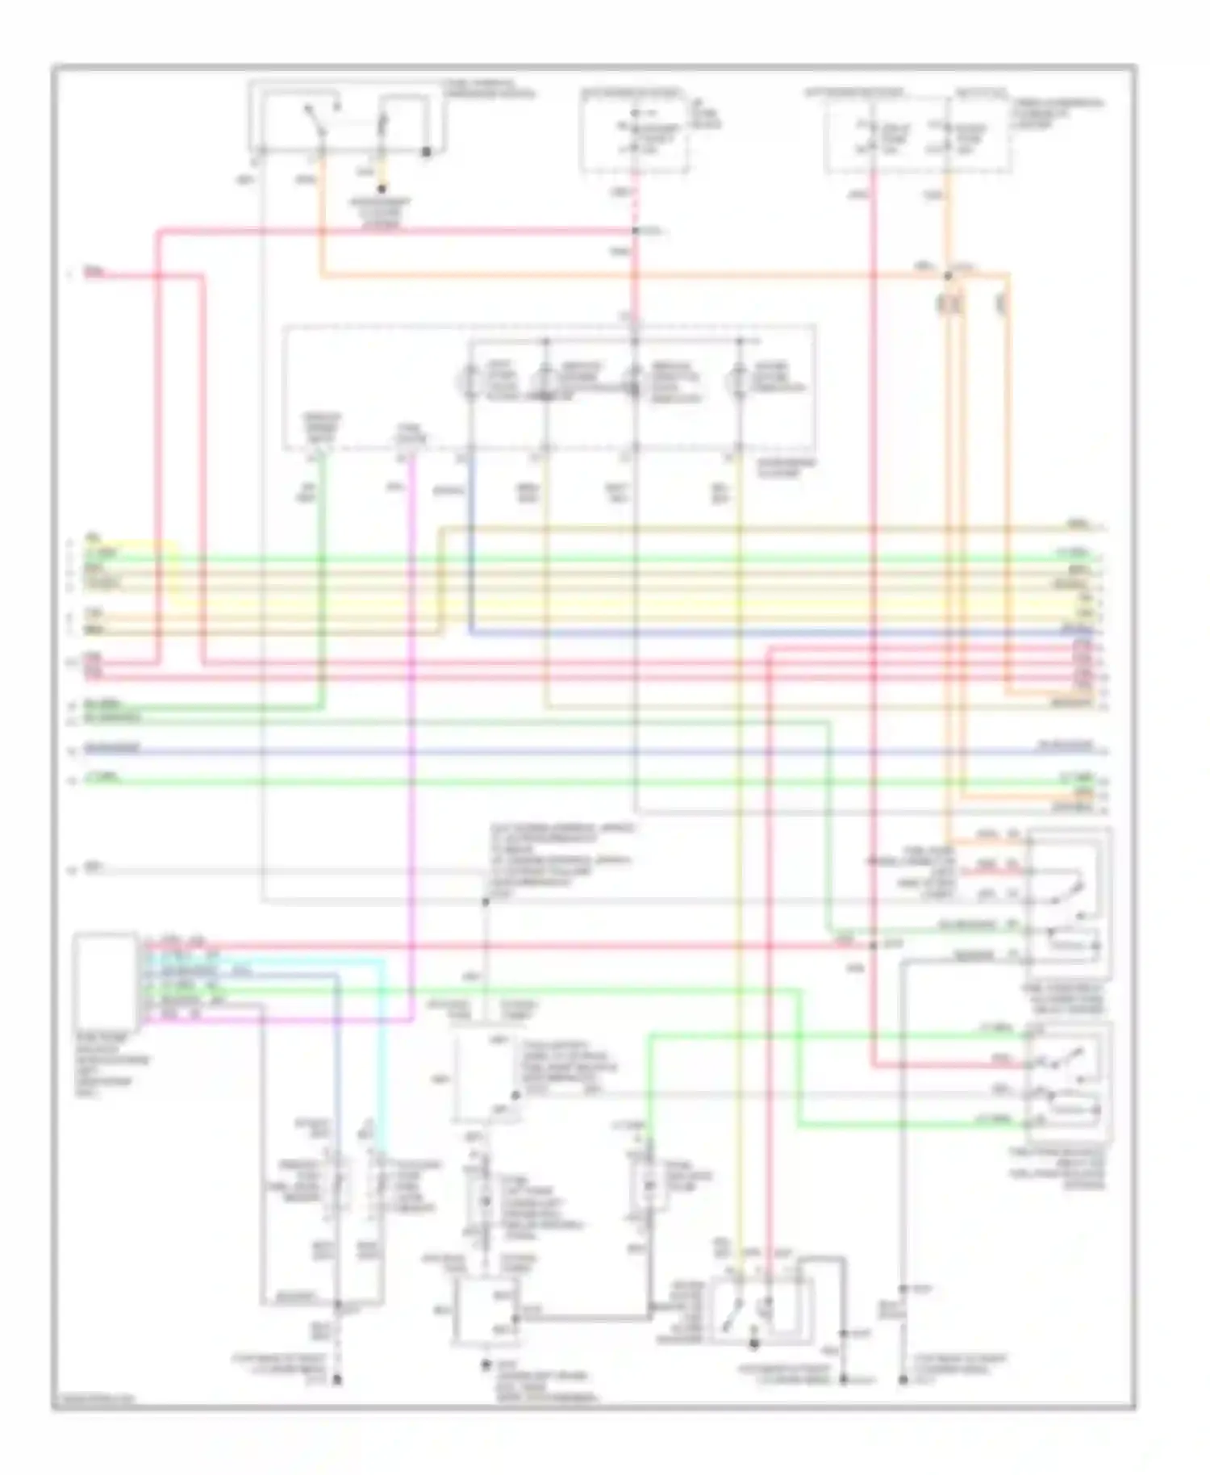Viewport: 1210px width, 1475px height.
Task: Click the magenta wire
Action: [411, 726]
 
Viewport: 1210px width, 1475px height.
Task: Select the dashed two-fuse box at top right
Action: [916, 134]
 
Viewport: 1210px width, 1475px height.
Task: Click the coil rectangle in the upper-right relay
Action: [1073, 942]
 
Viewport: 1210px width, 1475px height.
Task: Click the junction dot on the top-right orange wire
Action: [949, 276]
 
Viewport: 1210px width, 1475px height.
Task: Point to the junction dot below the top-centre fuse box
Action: [635, 232]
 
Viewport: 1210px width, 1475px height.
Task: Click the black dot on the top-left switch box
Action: [426, 151]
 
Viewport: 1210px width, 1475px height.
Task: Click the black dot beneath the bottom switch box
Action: [754, 1344]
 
